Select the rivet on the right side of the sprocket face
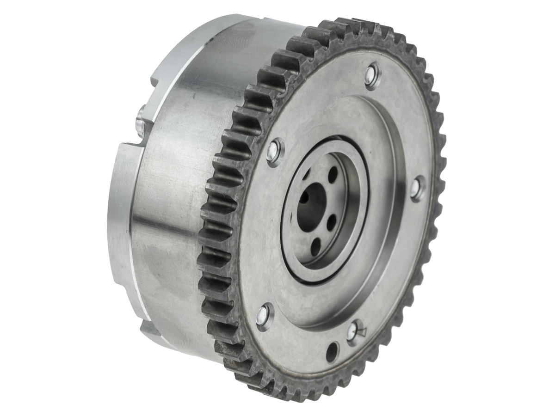(x=417, y=188)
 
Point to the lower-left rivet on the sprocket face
(x=265, y=316)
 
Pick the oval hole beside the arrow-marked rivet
(x=332, y=352)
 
